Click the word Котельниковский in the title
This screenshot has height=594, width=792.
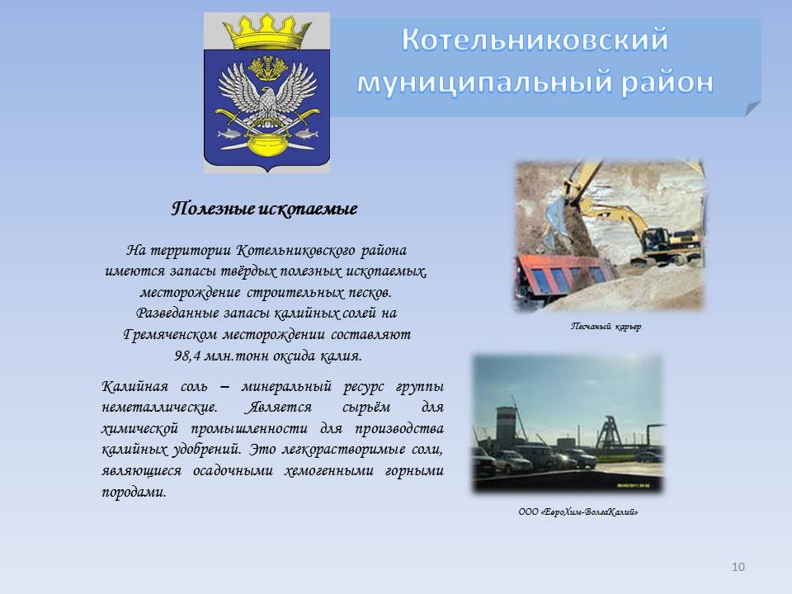pyautogui.click(x=535, y=40)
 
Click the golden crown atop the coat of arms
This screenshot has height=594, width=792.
pyautogui.click(x=267, y=32)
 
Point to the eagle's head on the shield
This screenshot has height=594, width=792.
pyautogui.click(x=267, y=95)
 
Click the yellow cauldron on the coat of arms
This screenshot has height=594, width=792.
pyautogui.click(x=267, y=144)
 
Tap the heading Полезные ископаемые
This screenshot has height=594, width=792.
pyautogui.click(x=264, y=209)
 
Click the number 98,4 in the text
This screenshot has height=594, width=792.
pyautogui.click(x=186, y=356)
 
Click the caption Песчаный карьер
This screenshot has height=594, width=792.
pyautogui.click(x=606, y=327)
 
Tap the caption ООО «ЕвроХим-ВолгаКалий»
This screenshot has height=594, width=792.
pyautogui.click(x=578, y=512)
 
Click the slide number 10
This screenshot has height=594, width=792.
pyautogui.click(x=738, y=567)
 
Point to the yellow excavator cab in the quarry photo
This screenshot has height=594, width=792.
pyautogui.click(x=656, y=238)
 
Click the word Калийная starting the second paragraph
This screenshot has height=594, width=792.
pyautogui.click(x=134, y=386)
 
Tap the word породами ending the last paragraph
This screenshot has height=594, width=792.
pyautogui.click(x=134, y=492)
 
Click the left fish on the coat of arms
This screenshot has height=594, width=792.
pyautogui.click(x=229, y=134)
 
